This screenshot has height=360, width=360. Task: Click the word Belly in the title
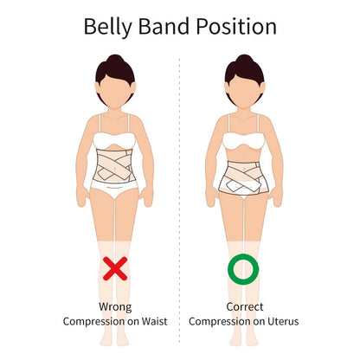point(108,28)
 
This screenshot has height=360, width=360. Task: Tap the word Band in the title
point(164,26)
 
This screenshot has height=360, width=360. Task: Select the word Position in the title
point(236,26)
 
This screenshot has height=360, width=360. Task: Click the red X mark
point(115,268)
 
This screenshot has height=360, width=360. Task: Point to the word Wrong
point(115,307)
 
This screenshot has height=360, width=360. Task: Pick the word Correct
point(245,306)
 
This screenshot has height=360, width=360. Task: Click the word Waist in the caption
point(154,321)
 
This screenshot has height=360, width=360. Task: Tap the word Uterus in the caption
point(283,321)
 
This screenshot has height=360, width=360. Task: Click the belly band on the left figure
point(115,166)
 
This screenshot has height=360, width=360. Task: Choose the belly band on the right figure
point(244,177)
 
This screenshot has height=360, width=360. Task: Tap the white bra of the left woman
point(114,141)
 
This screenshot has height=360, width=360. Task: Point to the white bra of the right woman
point(244,141)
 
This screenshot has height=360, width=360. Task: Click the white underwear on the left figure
point(114,190)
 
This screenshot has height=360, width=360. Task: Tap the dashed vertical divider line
point(179,201)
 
